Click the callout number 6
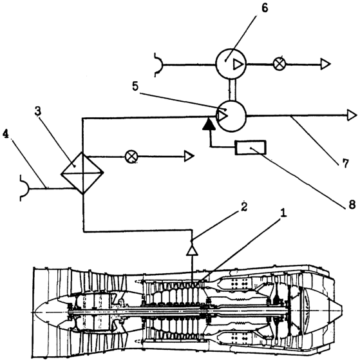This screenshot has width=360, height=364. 265,8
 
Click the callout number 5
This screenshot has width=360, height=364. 135,86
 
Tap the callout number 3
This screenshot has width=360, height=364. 38,111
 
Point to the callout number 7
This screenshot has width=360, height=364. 346,164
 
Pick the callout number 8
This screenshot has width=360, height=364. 352,204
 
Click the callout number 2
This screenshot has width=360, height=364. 244,207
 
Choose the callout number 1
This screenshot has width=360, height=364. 283,213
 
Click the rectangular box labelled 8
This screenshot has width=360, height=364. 251,148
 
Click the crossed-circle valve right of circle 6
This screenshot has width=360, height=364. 279,64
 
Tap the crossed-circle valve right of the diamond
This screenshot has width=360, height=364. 131,157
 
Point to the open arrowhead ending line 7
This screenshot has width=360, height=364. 352,115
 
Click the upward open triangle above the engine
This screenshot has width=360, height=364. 192,251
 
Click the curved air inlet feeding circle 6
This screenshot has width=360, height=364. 160,64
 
